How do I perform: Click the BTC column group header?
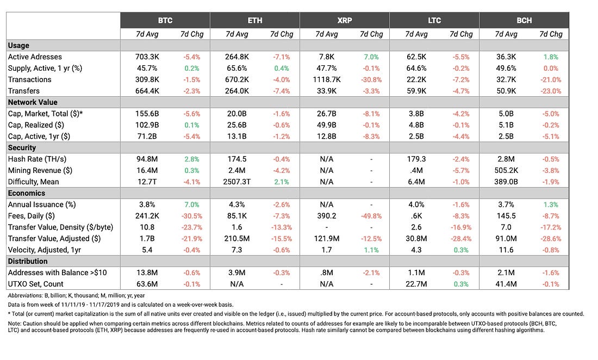point(165,20)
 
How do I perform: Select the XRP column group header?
point(344,20)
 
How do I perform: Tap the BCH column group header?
point(524,20)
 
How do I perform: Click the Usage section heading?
point(18,45)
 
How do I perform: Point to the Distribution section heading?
point(28,261)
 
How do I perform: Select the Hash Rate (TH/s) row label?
point(37,159)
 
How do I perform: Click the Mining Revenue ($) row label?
point(40,170)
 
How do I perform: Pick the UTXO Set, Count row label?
point(36,284)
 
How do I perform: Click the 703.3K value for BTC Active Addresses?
point(147,57)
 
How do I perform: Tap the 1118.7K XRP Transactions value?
point(327,80)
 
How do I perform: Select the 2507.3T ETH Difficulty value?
point(237,182)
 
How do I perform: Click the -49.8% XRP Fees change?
point(371,216)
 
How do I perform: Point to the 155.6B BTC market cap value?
point(147,114)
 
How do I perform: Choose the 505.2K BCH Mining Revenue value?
point(506,170)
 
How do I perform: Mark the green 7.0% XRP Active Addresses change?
point(371,57)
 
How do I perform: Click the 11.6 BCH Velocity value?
point(506,250)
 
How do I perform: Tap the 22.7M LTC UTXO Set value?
point(416,284)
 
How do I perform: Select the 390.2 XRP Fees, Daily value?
point(327,216)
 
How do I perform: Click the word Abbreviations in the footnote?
point(25,295)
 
